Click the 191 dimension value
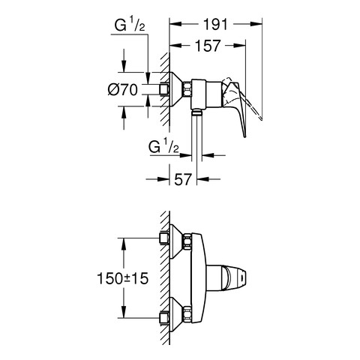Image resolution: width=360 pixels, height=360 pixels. pyautogui.click(x=215, y=24)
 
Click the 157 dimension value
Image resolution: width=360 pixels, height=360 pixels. pyautogui.click(x=208, y=46)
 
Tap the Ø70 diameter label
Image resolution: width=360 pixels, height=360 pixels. pyautogui.click(x=123, y=89)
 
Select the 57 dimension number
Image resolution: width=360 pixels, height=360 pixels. pyautogui.click(x=183, y=179)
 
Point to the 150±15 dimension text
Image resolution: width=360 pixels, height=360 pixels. pyautogui.click(x=123, y=278)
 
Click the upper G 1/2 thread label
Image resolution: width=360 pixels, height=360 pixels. pyautogui.click(x=130, y=25)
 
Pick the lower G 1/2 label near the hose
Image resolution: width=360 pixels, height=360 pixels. pyautogui.click(x=163, y=146)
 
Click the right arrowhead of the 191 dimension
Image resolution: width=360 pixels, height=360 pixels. pyautogui.click(x=256, y=24)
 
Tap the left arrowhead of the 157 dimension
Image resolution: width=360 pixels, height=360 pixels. pyautogui.click(x=175, y=45)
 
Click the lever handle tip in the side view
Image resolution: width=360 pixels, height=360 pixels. pyautogui.click(x=244, y=135)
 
